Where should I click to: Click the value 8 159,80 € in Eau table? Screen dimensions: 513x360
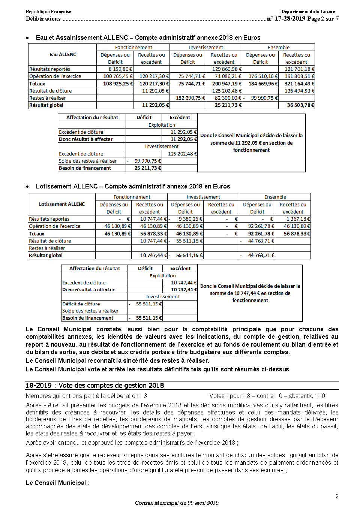coord(120,69)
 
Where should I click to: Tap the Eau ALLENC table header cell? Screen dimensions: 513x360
coord(63,55)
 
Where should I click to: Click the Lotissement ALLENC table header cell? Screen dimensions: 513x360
coord(62,204)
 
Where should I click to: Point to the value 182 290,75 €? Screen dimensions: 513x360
coord(190,98)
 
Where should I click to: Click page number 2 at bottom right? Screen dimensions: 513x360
coord(337,497)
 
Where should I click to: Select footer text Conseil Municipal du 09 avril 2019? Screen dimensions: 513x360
coord(177,503)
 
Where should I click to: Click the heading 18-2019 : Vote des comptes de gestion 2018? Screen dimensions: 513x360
coord(94,386)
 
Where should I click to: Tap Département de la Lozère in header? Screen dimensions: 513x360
coord(308,12)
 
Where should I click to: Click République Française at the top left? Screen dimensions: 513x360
coord(48,12)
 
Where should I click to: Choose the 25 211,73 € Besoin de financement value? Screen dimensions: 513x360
coord(148,168)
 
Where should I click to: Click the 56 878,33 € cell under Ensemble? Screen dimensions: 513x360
coord(297,233)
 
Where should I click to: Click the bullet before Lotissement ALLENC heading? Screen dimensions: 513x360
coord(28,187)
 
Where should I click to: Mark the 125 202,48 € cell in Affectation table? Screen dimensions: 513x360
coord(182,154)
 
